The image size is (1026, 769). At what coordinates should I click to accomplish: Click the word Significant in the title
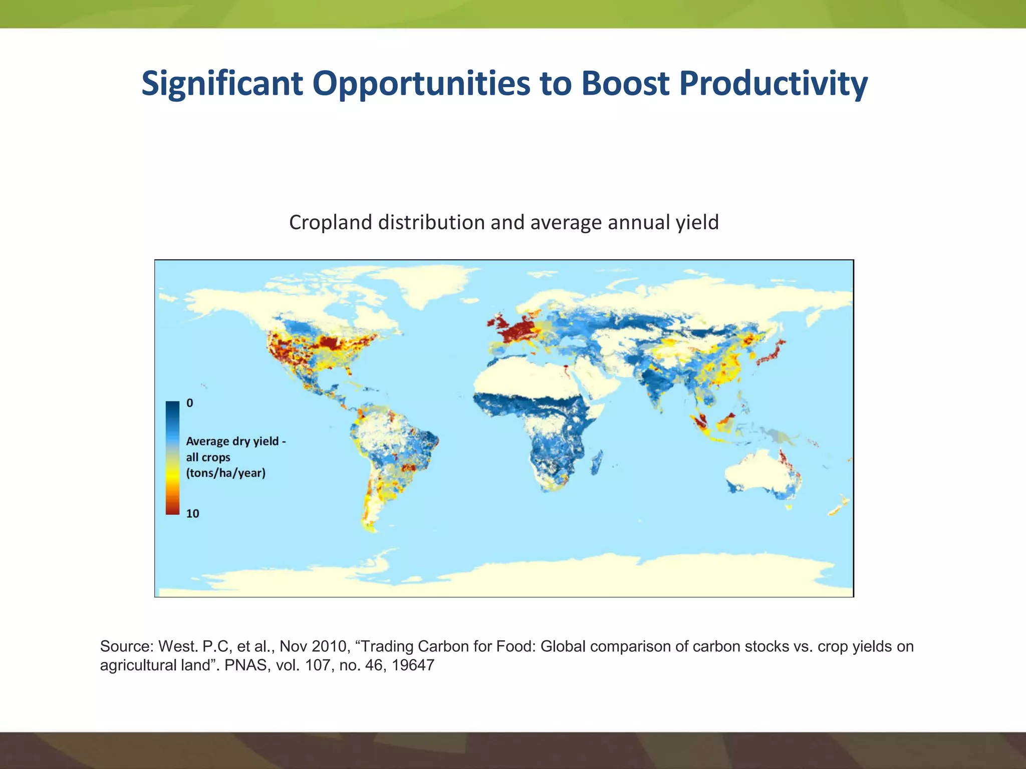(x=222, y=83)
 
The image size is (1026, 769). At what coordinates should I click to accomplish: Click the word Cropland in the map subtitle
(x=331, y=222)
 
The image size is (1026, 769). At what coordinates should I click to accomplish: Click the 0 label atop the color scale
(x=190, y=403)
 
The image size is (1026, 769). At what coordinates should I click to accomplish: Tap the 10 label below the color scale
(x=192, y=514)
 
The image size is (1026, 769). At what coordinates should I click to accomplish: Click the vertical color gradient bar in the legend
(x=172, y=458)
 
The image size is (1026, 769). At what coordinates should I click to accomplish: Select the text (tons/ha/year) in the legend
(x=225, y=473)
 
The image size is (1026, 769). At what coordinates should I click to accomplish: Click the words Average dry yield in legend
(x=232, y=441)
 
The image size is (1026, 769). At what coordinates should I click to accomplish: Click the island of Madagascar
(x=597, y=462)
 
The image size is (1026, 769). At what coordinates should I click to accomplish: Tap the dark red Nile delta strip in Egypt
(x=566, y=371)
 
